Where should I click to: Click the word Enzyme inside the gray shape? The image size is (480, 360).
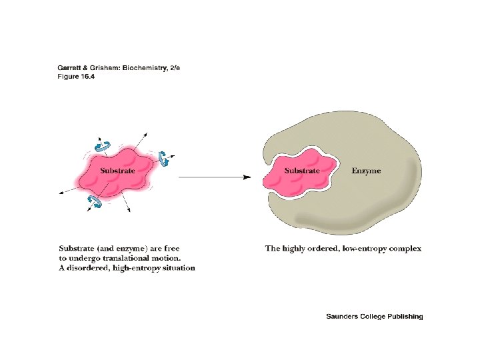(x=366, y=171)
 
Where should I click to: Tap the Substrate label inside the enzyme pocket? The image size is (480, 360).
(x=302, y=171)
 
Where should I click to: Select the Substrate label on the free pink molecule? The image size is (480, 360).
(x=117, y=171)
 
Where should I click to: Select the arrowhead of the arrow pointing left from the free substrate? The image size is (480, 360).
(x=61, y=192)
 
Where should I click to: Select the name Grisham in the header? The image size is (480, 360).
(x=102, y=67)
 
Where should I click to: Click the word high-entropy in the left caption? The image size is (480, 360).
(x=138, y=268)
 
